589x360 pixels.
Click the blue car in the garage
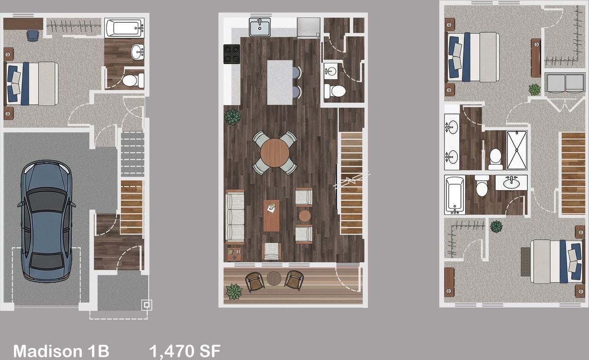pos(46,221)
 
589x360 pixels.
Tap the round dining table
pos(275,153)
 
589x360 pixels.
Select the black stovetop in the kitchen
pos(231,54)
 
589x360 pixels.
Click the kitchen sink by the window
pos(260,27)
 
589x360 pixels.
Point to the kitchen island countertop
pos(280,82)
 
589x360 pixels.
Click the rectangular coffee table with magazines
pos(271,216)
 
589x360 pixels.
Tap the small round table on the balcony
pos(274,278)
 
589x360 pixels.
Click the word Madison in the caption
pos(47,351)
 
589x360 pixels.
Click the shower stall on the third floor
pos(517,150)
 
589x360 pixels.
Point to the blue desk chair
pos(33,36)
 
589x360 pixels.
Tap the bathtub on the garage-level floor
pos(124,28)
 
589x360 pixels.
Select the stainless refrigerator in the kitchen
pos(308,28)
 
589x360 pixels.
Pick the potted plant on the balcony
pos(234,291)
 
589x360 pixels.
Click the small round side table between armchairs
pos(305,216)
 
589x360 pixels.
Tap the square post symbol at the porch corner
pos(147,305)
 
